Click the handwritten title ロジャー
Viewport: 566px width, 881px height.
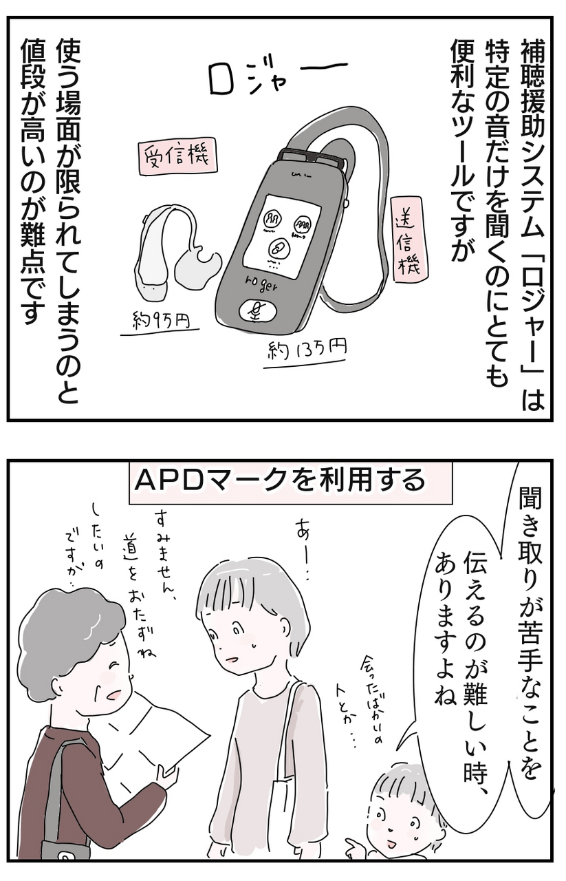pyautogui.click(x=277, y=78)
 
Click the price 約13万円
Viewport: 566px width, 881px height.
pyautogui.click(x=307, y=349)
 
